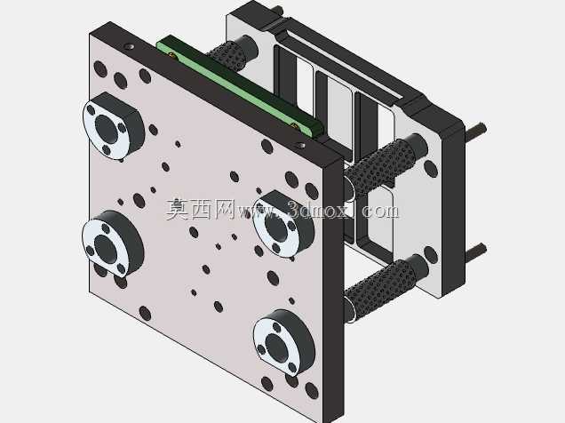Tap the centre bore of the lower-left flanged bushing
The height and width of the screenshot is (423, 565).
point(106,248)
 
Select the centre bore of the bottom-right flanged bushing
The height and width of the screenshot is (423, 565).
point(277,347)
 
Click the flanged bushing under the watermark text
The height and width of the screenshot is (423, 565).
point(283,224)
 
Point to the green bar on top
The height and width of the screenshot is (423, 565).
point(240,88)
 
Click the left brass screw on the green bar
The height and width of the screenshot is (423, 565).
point(172,55)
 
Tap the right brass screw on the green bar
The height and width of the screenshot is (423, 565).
point(294,126)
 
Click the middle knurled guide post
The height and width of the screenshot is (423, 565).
point(384,164)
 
